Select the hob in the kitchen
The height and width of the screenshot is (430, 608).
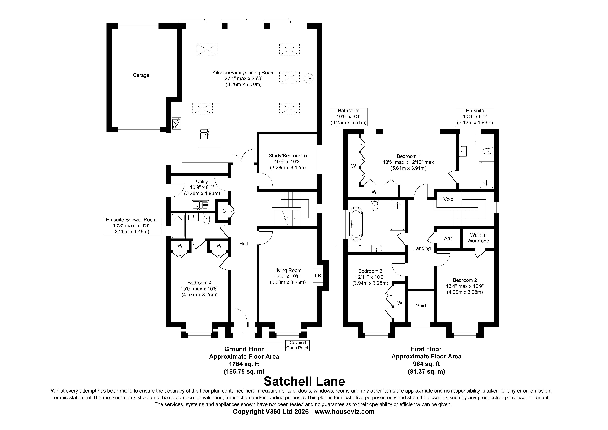pos(176,124)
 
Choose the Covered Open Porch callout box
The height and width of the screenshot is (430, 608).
pos(298,345)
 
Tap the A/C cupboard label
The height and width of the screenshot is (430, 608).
pos(448,239)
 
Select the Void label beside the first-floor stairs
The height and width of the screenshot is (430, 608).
pos(448,199)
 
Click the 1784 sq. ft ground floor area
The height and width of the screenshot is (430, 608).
pos(244,364)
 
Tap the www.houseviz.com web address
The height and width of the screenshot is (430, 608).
pos(345,412)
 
